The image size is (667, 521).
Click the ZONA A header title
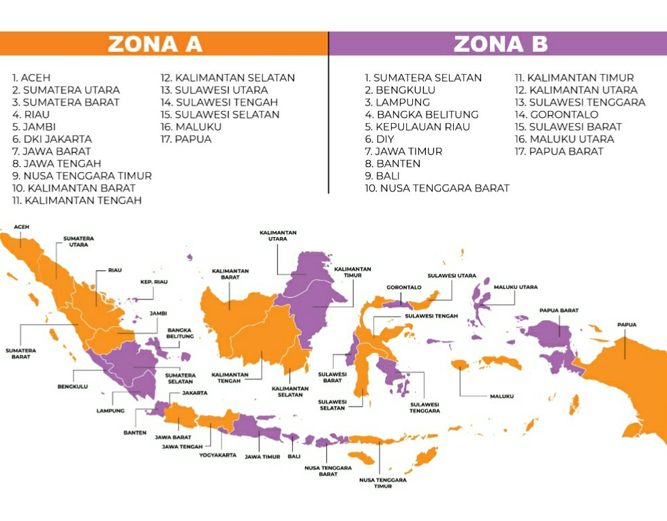155,44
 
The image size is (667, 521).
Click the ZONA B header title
501,44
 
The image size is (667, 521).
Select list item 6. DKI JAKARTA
52,139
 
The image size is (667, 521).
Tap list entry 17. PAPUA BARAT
559,151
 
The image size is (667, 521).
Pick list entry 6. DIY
379,139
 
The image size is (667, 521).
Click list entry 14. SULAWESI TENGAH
220,102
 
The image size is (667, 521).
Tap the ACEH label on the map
21,227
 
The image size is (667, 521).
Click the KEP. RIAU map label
154,282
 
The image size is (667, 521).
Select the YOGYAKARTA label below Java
218,455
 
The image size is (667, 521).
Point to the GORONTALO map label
404,287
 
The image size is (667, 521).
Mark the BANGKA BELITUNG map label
181,333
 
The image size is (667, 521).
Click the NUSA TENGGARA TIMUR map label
383,483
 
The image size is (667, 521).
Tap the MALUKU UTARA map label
516,287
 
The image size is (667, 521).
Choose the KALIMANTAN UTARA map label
278,236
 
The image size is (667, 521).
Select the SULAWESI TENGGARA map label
424,407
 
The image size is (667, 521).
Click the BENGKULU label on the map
72,387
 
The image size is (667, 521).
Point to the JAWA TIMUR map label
262,456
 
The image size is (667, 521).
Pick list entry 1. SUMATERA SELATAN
423,78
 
